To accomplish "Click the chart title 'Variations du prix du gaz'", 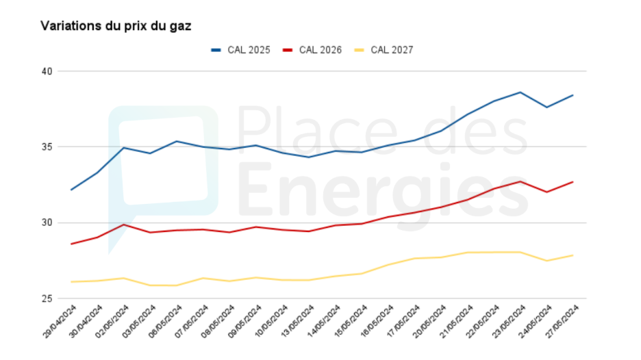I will tap(116, 26).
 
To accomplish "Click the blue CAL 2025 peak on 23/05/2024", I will tap(520, 92).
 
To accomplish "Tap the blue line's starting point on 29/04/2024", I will tap(71, 190).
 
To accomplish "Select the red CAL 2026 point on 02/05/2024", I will tap(124, 224).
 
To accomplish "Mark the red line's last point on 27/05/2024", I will tap(573, 181).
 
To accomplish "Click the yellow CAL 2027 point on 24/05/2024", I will tap(546, 261).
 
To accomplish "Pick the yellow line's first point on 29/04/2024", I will tap(71, 282).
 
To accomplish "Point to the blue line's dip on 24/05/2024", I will tap(546, 107).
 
